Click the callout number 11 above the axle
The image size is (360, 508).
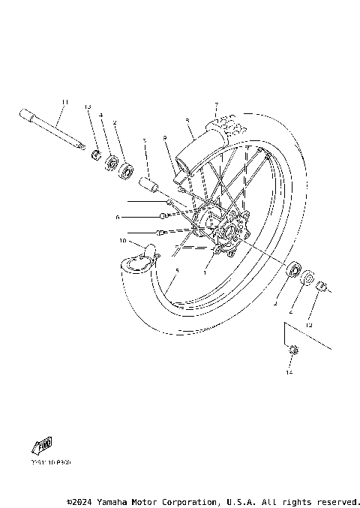click(x=65, y=102)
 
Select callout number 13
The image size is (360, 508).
click(x=87, y=107)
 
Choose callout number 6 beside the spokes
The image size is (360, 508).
click(x=118, y=217)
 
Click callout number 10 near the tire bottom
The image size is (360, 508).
click(x=123, y=241)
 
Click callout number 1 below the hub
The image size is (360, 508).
click(x=203, y=273)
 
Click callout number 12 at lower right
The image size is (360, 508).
click(x=307, y=325)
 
